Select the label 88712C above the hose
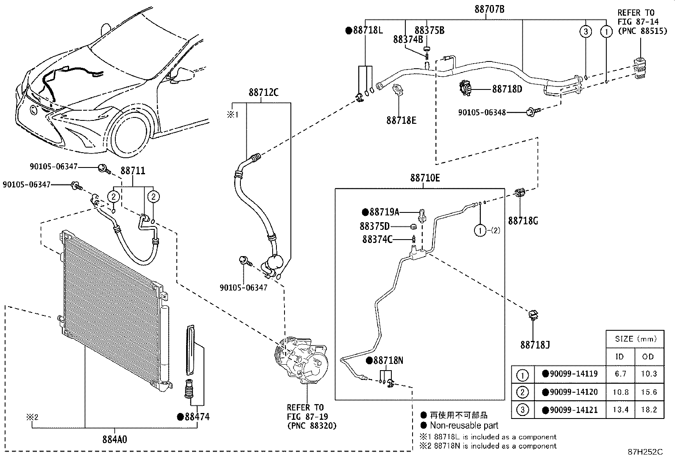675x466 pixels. [x=263, y=92]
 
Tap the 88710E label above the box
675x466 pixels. [x=424, y=179]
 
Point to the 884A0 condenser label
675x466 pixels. [x=114, y=439]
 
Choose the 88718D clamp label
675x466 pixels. [x=507, y=89]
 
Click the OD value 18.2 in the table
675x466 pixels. [x=649, y=410]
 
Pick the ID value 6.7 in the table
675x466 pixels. [x=620, y=374]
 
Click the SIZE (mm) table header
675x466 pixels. [x=635, y=339]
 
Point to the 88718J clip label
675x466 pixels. [x=535, y=345]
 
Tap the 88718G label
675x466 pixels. [x=523, y=221]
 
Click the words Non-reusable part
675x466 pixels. [x=464, y=425]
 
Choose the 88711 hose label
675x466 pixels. [x=133, y=171]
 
